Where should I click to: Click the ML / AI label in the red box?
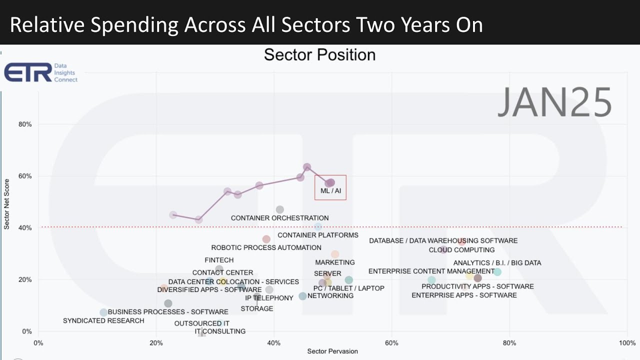[x=330, y=191]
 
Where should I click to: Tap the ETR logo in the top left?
[x=28, y=72]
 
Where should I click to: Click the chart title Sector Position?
[x=319, y=54]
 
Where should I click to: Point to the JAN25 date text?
[x=554, y=102]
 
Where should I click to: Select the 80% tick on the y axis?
[x=25, y=124]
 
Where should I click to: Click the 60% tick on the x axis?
[x=391, y=343]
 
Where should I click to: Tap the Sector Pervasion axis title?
[x=332, y=351]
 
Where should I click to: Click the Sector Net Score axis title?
[x=7, y=203]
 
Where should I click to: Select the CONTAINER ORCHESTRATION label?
[x=279, y=218]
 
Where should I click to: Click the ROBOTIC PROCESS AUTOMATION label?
[x=266, y=247]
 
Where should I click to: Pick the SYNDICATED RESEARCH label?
[x=103, y=320]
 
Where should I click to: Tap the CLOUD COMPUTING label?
[x=461, y=250]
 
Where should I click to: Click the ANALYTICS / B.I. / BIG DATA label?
[x=497, y=263]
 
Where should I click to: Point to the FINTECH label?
[x=219, y=260]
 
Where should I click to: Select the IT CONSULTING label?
[x=220, y=331]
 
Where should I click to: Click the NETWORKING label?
[x=330, y=295]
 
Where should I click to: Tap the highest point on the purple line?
[x=307, y=167]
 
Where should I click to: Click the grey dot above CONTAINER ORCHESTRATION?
[x=280, y=209]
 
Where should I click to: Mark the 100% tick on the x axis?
[x=627, y=343]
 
